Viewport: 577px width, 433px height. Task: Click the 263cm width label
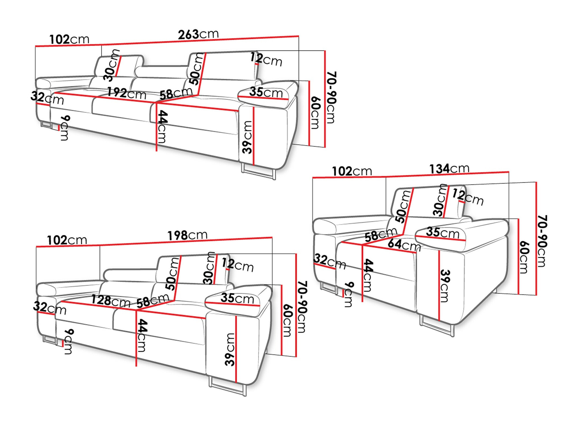[x=198, y=34]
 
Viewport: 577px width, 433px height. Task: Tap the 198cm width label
[x=188, y=235]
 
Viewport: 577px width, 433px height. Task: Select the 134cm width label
[x=449, y=169]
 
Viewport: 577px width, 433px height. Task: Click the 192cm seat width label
[x=127, y=93]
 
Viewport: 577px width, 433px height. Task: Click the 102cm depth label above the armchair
[x=352, y=171]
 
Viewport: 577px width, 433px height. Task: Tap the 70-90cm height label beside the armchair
[x=542, y=241]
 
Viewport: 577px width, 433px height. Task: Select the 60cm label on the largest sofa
[x=315, y=113]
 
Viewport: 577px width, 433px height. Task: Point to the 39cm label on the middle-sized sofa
[x=230, y=349]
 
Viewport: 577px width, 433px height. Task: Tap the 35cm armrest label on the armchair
[x=443, y=232]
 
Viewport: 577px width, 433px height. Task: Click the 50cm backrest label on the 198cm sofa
[x=172, y=274]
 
